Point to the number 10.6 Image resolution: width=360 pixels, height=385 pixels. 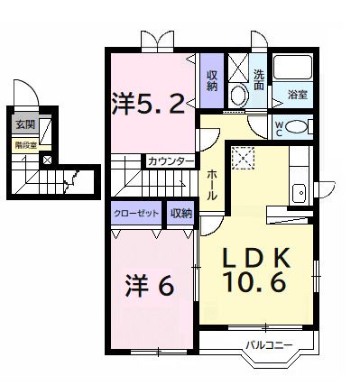pyautogui.click(x=255, y=282)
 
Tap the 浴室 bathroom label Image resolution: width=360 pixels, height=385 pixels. pyautogui.click(x=297, y=93)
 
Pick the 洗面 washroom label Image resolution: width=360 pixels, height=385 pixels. pyautogui.click(x=259, y=78)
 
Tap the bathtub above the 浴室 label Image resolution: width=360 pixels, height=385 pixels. pyautogui.click(x=294, y=69)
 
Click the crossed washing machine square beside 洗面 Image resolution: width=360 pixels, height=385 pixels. pyautogui.click(x=238, y=67)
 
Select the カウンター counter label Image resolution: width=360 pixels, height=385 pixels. pyautogui.click(x=171, y=161)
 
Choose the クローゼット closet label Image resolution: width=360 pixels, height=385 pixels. pyautogui.click(x=137, y=213)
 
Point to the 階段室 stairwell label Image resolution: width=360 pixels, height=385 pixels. pyautogui.click(x=23, y=142)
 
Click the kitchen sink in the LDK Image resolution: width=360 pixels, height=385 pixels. pyautogui.click(x=299, y=191)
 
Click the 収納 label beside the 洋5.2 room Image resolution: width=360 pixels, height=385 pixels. pyautogui.click(x=212, y=79)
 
